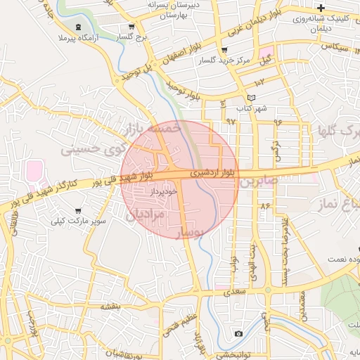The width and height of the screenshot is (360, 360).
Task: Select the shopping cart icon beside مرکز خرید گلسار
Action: coord(224,51)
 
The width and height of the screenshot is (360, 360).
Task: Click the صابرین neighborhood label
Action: coord(259,181)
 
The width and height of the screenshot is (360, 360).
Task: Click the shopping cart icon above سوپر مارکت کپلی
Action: coord(77,210)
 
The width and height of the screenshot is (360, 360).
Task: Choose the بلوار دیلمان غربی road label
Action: coord(251,26)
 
